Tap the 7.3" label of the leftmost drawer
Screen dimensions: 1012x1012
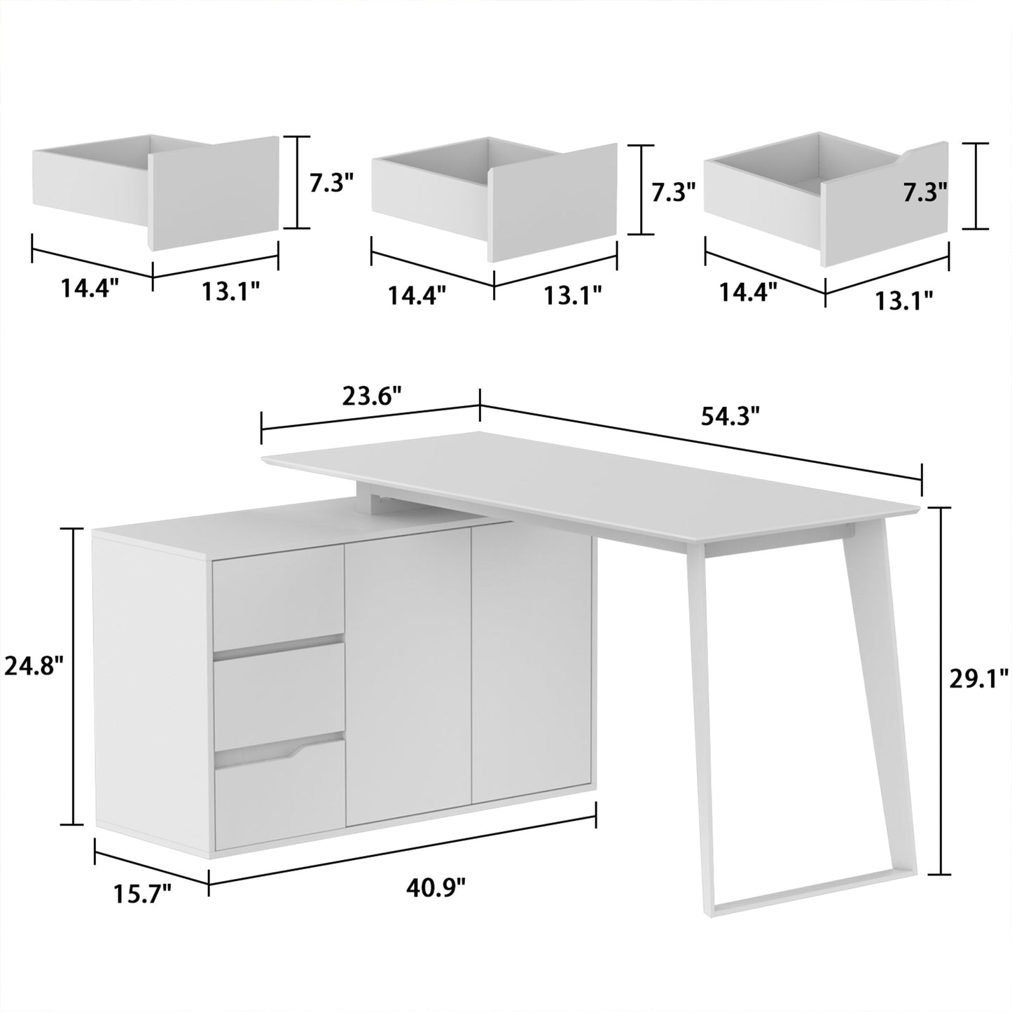point(331,183)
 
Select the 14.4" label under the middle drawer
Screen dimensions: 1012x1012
point(417,296)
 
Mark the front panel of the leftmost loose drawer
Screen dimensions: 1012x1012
point(214,193)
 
